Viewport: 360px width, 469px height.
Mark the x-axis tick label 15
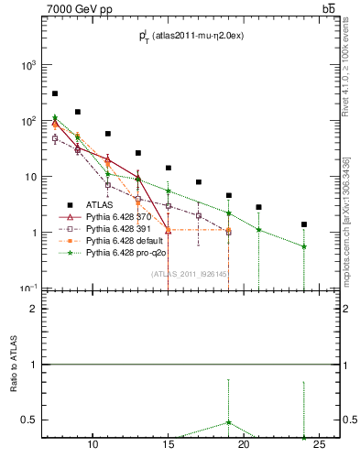tap(168, 446)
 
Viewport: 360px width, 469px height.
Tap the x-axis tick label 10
tap(93, 446)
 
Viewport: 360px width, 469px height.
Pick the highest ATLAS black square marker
tap(55, 93)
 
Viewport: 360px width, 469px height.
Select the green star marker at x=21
tap(258, 230)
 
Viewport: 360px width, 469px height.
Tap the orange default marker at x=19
tap(228, 230)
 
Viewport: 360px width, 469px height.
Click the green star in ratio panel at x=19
tap(228, 422)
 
